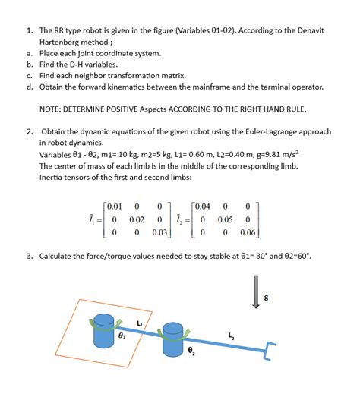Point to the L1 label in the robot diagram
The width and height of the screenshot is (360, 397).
point(139,323)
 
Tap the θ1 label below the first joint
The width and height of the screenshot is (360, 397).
point(120,333)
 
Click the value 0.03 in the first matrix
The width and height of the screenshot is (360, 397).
point(159,232)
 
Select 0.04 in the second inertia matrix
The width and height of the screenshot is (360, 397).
point(203,206)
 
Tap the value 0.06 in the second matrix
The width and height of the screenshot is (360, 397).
point(248,232)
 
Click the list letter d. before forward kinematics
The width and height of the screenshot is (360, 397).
point(29,87)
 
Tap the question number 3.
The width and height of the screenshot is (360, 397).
point(29,257)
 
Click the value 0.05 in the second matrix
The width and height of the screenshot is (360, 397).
point(226,219)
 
